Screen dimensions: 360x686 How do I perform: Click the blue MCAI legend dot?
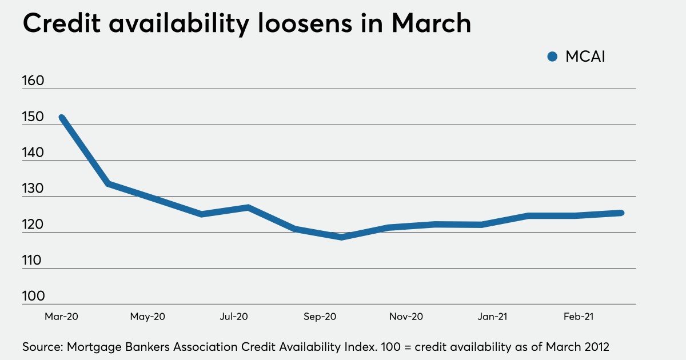pos(552,56)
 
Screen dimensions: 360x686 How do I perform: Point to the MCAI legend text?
pos(584,56)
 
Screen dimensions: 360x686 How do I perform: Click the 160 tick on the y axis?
pos(33,81)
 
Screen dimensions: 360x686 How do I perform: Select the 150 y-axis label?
pos(33,117)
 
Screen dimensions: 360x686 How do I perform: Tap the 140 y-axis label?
pos(33,153)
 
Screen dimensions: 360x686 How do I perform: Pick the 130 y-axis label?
pos(33,189)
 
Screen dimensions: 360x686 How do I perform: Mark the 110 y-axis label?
pos(33,261)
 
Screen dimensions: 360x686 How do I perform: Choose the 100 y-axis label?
pos(33,297)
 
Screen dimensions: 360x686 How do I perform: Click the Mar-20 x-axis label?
pos(61,316)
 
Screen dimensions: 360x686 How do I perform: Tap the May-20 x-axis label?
pos(148,316)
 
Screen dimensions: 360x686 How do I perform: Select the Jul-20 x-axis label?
pos(233,316)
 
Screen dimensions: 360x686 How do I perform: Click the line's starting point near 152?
pos(62,118)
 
